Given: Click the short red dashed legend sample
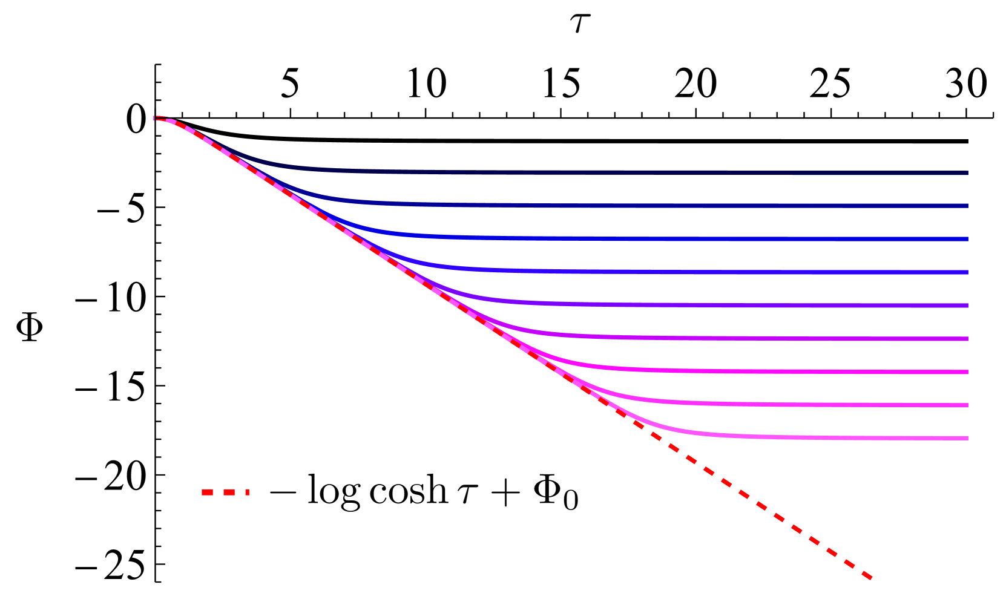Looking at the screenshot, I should tap(225, 492).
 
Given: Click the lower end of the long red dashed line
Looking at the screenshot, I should tap(870, 578).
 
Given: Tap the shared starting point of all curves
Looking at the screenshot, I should tap(156, 118).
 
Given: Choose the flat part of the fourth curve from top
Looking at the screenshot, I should tap(666, 272).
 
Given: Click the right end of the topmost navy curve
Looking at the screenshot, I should tap(967, 173).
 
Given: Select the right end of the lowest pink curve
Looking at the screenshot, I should tap(967, 438).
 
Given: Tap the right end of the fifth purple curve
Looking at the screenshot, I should tap(967, 306).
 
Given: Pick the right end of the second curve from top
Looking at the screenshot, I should tap(967, 206).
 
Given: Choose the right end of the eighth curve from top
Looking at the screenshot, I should tap(967, 405).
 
